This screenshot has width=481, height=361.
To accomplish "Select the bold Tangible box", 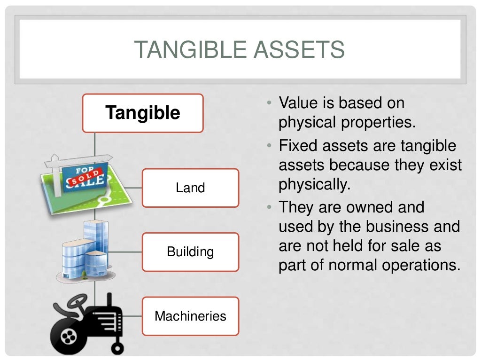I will point(143,113).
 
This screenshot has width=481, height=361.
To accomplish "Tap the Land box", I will point(190,188).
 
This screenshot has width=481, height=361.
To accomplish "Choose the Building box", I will point(190,251).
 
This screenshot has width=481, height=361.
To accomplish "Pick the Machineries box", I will point(190,316).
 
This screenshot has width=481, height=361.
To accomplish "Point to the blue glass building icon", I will point(87,251).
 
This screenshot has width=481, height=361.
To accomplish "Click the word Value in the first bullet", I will point(298,102).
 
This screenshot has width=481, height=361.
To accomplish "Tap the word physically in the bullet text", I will point(314,184).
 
